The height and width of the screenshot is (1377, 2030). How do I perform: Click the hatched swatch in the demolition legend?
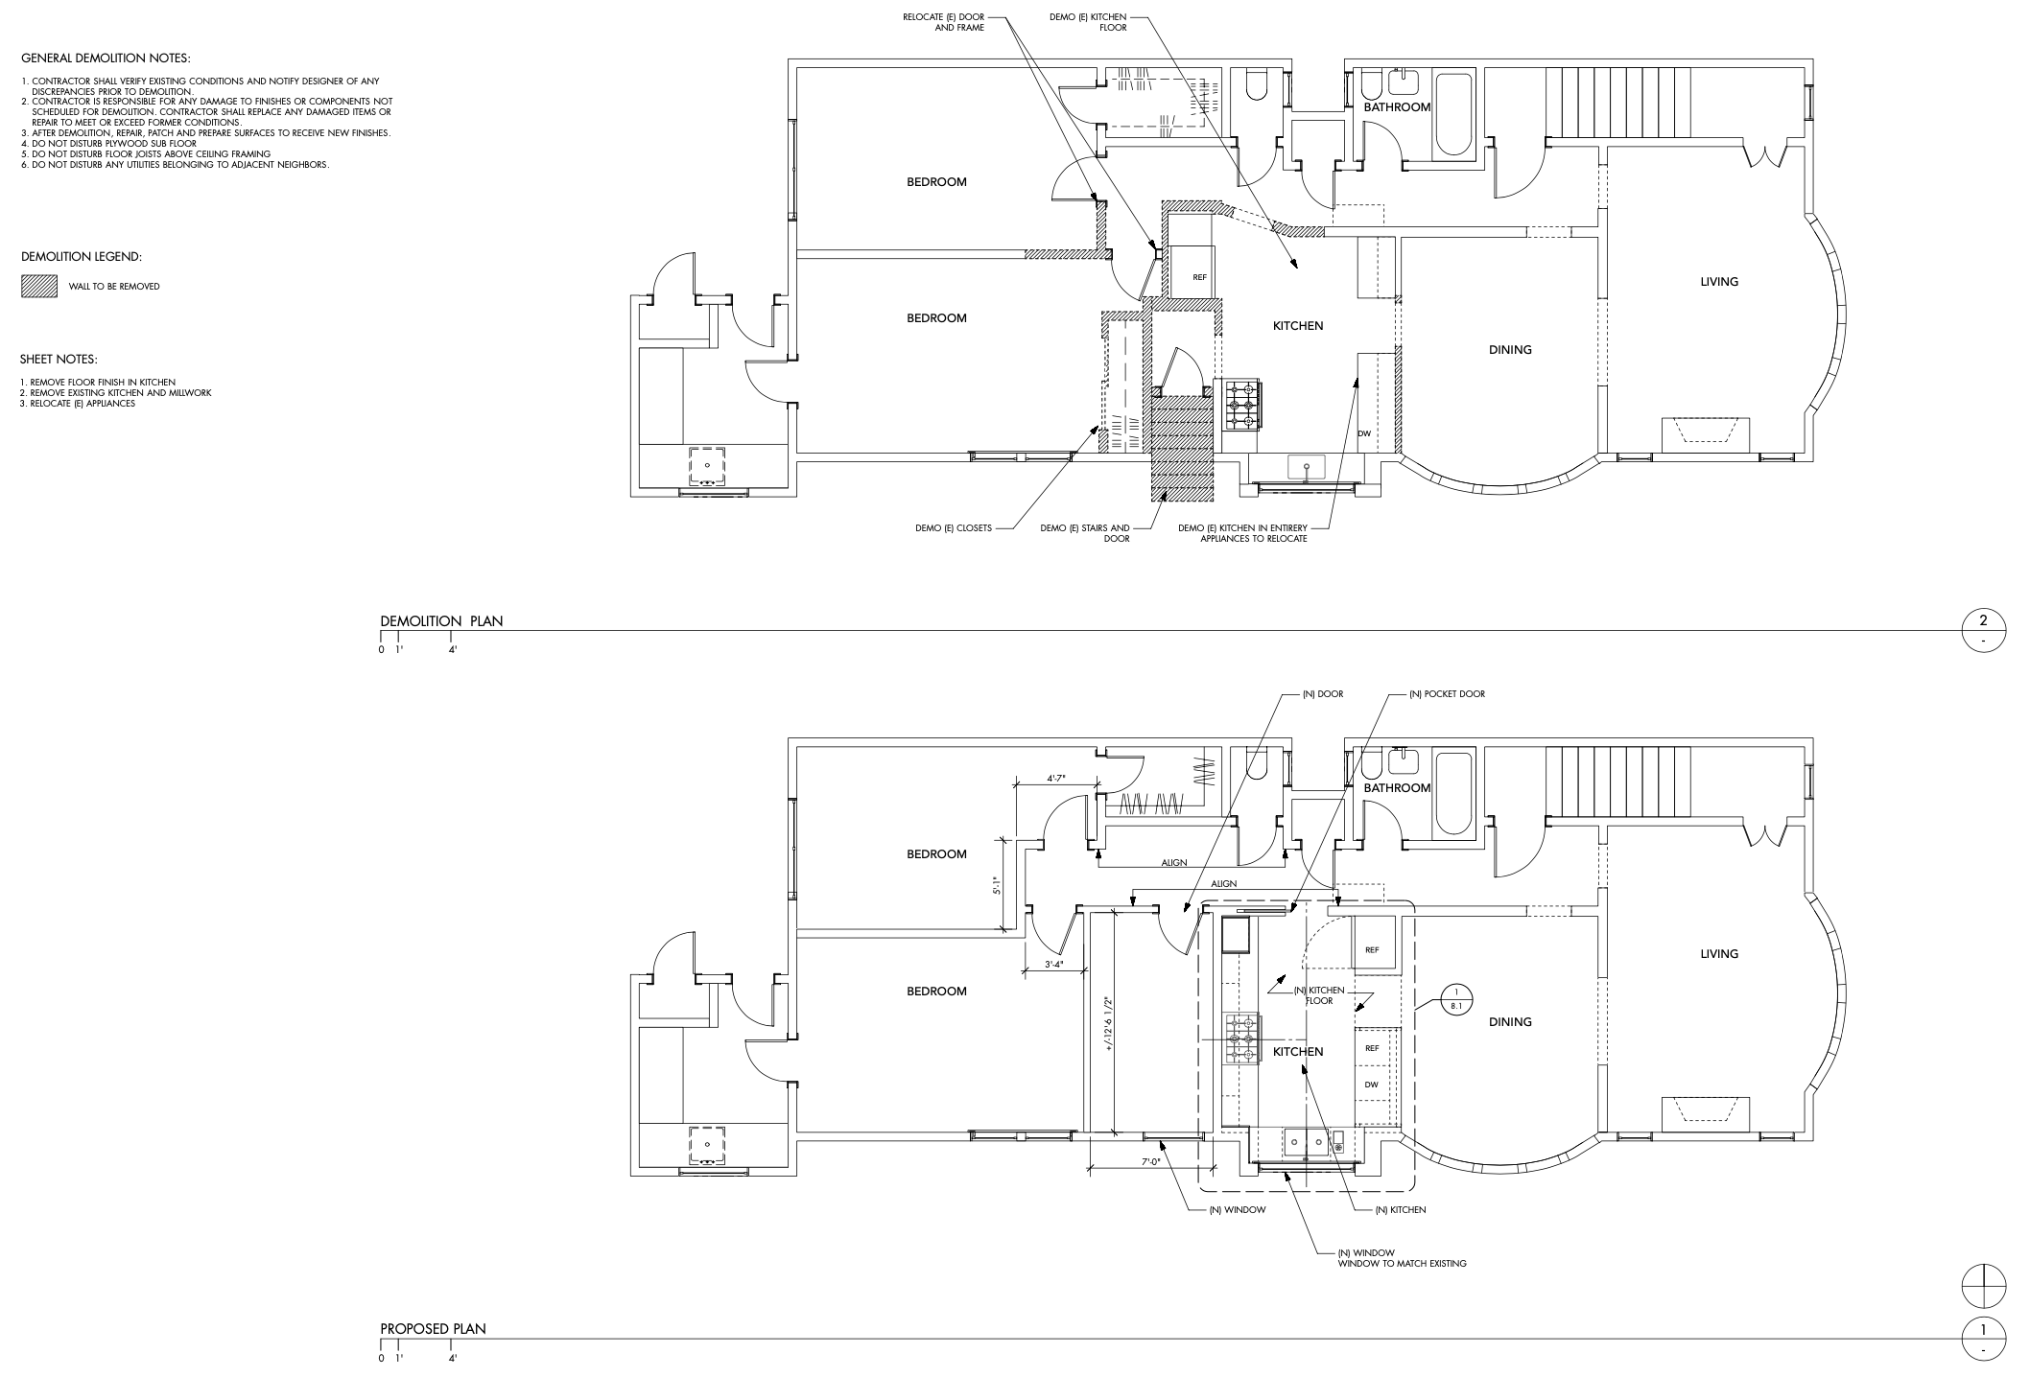33,286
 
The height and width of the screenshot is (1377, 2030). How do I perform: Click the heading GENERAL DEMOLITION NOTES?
106,59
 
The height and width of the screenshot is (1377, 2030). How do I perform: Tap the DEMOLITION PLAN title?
441,621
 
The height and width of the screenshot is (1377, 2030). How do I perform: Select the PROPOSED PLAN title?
433,1329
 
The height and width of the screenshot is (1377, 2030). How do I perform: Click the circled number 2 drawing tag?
1983,629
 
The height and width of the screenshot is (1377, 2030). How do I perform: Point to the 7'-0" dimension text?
1150,1162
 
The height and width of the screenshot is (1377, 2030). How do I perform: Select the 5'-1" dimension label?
999,886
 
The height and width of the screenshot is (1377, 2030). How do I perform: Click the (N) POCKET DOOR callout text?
1447,694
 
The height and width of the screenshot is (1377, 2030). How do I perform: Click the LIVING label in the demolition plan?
1719,282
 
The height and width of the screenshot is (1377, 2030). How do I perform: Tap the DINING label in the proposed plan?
1510,1022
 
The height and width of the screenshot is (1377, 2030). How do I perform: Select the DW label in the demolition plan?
1364,434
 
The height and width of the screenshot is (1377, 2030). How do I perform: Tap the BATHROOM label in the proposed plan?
1397,788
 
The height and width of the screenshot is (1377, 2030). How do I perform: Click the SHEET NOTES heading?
59,361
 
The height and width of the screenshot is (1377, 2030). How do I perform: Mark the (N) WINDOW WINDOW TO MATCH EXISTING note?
1402,1258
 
